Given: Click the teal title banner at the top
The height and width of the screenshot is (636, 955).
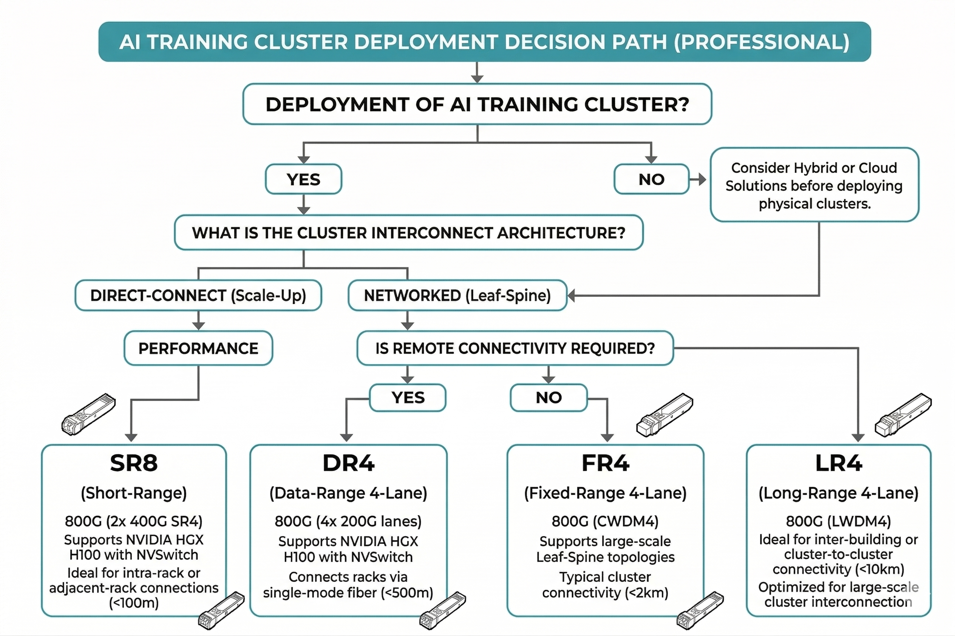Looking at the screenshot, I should pyautogui.click(x=484, y=42).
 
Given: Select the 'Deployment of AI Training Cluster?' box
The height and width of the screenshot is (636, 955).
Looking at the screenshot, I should pyautogui.click(x=477, y=104).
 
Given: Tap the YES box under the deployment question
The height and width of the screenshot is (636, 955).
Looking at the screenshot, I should pyautogui.click(x=303, y=179).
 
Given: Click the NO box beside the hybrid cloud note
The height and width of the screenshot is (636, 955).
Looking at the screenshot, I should pyautogui.click(x=651, y=179).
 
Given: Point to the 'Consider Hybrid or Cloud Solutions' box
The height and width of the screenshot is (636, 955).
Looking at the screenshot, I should pyautogui.click(x=814, y=185).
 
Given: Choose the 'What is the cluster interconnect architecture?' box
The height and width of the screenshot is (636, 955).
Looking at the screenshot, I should pyautogui.click(x=408, y=233).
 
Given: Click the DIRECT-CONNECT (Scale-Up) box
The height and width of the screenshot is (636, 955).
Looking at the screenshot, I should pyautogui.click(x=198, y=295).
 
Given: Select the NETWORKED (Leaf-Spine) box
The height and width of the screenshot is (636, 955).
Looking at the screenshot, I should pyautogui.click(x=457, y=295).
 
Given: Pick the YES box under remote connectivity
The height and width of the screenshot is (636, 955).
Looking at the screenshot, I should pyautogui.click(x=408, y=397).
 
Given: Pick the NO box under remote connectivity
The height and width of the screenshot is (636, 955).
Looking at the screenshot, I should pyautogui.click(x=549, y=397).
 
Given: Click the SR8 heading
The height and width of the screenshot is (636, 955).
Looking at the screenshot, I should pyautogui.click(x=134, y=463).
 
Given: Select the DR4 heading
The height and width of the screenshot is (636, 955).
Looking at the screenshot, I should pyautogui.click(x=348, y=463).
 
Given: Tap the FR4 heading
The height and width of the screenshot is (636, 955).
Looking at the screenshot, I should pyautogui.click(x=605, y=463).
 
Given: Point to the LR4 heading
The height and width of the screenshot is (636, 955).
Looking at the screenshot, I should pyautogui.click(x=839, y=463).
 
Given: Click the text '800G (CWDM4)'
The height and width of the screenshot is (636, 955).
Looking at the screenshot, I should pyautogui.click(x=605, y=521).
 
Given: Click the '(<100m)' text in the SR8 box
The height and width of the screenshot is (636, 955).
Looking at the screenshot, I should pyautogui.click(x=134, y=603).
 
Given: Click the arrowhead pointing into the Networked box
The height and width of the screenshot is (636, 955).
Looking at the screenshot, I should pyautogui.click(x=571, y=296).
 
